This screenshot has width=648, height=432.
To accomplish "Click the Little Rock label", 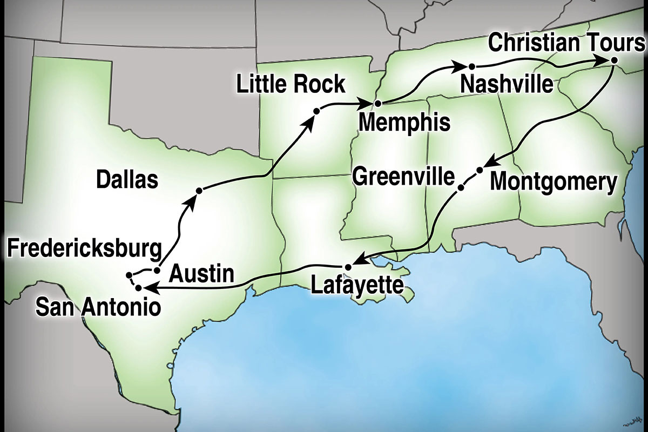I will pos(291,84).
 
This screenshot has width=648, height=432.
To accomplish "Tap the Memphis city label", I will pos(404,123).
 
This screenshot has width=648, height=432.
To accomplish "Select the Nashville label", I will pos(507,84).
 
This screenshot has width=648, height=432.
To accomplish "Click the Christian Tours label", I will pos(566,43).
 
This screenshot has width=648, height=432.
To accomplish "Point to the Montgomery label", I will pos(552,183).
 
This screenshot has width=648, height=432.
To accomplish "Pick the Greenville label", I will pos(403,176).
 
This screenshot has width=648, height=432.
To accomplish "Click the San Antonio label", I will pos(98,308).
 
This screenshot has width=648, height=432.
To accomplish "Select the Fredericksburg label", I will pos(85,249).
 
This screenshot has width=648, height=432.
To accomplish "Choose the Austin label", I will pos(202,275).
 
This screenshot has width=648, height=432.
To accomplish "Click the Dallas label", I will pos(127,180).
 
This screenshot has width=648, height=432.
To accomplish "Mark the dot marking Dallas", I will pos(199,191).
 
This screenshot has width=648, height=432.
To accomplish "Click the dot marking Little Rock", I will pos(317,111).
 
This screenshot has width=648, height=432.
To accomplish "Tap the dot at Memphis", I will pos(378,103).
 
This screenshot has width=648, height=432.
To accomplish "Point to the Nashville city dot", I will pos(471,66).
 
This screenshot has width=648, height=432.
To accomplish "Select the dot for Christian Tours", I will pos(613,61).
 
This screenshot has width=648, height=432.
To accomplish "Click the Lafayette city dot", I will pos(348,267).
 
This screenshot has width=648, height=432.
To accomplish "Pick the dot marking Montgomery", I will pos(480,171).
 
